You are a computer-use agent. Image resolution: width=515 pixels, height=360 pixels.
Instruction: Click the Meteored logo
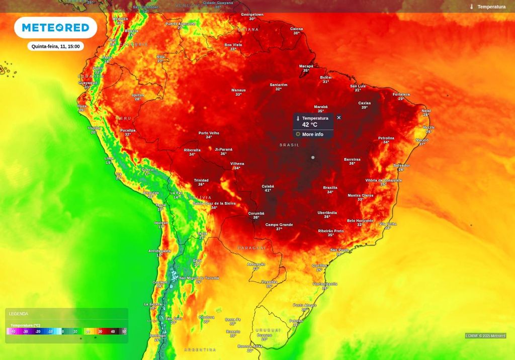click(55, 27)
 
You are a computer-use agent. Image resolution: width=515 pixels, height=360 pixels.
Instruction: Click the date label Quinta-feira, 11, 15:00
click(55, 46)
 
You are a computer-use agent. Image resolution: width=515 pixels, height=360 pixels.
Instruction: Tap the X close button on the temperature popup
click(338, 118)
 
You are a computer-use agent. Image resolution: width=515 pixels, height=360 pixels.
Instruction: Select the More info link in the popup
click(312, 134)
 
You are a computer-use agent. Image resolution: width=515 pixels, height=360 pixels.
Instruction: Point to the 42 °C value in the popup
click(310, 124)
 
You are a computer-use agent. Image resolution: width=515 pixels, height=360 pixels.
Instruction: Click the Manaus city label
click(238, 91)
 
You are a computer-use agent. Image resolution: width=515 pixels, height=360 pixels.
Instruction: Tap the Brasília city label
click(330, 188)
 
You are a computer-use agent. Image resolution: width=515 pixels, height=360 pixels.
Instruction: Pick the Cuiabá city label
click(268, 187)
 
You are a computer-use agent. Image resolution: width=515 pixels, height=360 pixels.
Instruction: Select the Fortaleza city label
click(401, 94)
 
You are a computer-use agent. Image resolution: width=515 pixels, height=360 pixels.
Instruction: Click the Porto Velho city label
click(209, 133)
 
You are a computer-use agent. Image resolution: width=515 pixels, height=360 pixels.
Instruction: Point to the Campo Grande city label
click(279, 225)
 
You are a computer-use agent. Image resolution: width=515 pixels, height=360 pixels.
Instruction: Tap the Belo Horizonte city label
click(360, 221)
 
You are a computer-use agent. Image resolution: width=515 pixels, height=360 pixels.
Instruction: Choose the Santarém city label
click(278, 84)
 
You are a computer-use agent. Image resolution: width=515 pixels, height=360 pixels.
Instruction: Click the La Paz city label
click(176, 193)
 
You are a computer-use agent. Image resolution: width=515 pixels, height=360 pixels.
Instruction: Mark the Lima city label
click(109, 158)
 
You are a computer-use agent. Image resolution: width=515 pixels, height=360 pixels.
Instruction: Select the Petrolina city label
click(386, 138)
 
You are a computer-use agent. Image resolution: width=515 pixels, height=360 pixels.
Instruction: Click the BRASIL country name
click(289, 145)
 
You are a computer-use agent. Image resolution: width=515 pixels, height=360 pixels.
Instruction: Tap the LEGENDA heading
click(19, 314)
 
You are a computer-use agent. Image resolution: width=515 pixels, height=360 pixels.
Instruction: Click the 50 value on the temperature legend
click(124, 331)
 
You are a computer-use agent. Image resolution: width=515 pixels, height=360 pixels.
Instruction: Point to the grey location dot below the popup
click(313, 157)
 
